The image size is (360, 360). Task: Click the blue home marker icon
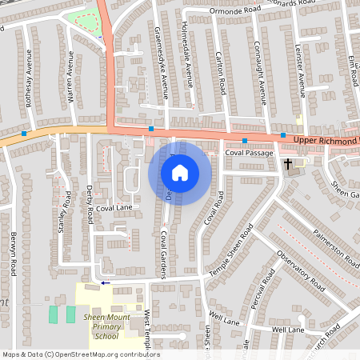(180, 172)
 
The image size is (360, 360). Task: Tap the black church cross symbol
(287, 163)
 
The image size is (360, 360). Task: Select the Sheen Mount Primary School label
(106, 327)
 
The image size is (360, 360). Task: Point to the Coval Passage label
(249, 152)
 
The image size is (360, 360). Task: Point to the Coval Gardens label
(163, 254)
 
